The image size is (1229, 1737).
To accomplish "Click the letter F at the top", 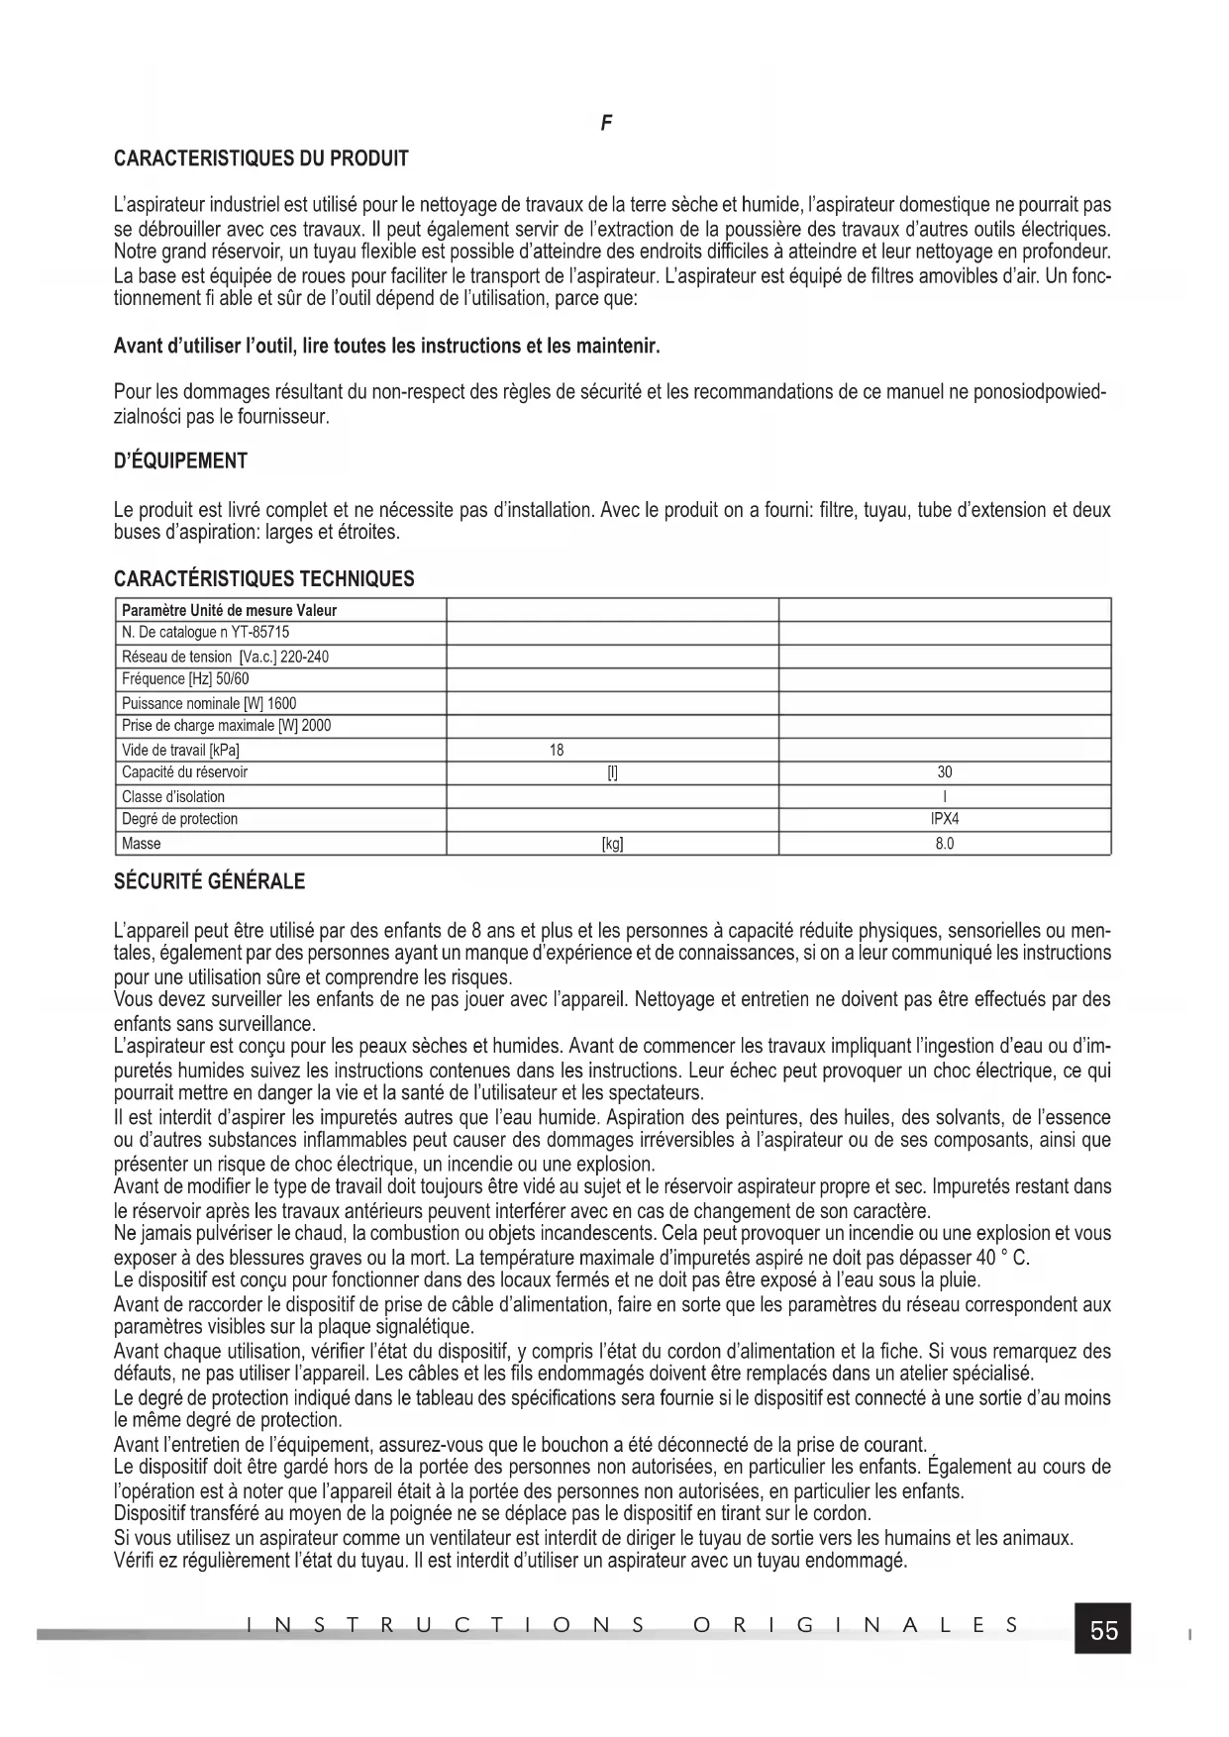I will (x=606, y=123).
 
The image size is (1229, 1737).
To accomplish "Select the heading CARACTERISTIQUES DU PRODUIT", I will (x=261, y=158).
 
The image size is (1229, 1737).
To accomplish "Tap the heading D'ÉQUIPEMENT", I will (x=180, y=461).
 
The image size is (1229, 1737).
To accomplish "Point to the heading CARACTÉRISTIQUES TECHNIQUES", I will (x=264, y=579).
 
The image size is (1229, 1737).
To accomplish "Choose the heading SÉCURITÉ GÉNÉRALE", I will (x=210, y=880).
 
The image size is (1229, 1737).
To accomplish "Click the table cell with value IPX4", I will (x=945, y=819).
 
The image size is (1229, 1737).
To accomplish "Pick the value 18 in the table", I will (x=557, y=750).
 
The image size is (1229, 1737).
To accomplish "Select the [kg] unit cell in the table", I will (x=612, y=844).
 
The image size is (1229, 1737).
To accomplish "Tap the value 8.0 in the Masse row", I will (x=945, y=844).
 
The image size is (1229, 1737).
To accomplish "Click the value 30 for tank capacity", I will (x=945, y=772).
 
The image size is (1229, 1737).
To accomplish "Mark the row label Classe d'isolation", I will (x=173, y=796).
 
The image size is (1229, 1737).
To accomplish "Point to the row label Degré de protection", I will (x=179, y=819).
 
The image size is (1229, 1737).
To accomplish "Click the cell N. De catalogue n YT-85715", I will (x=205, y=632).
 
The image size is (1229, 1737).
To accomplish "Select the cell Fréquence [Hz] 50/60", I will (x=185, y=679).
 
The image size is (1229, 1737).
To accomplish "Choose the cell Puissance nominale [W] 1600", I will (x=208, y=703).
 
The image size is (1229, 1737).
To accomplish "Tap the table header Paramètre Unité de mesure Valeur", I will (x=229, y=610).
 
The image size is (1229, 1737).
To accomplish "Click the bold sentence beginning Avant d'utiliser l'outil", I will (x=386, y=347).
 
